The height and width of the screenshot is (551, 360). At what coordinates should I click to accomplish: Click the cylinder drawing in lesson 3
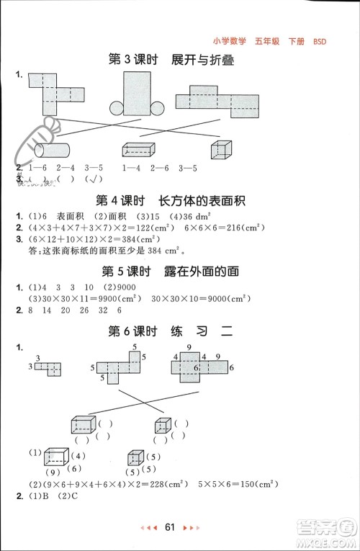52,150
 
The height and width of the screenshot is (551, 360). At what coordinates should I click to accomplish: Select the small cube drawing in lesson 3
221,148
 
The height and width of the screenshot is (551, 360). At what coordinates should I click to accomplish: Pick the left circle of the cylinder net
117,109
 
